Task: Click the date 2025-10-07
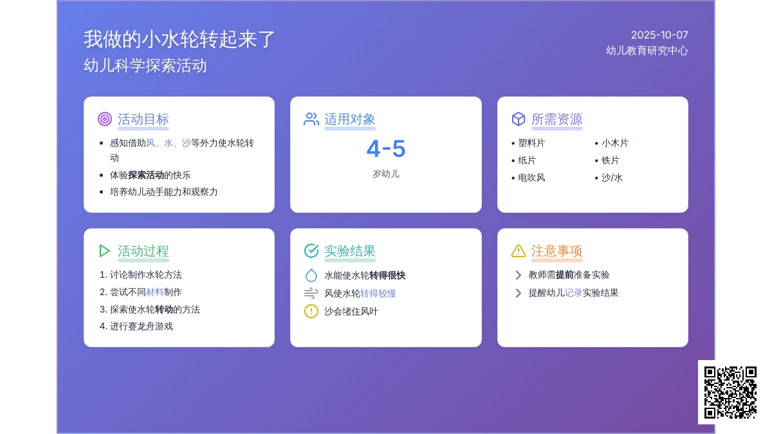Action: point(659,35)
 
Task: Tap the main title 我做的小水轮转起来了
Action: point(179,39)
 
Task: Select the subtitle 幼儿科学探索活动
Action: point(145,66)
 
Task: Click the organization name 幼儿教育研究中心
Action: point(647,51)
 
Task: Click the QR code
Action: point(730,392)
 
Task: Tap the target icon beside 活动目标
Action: point(105,119)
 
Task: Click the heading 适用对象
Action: point(349,119)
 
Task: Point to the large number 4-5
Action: point(385,149)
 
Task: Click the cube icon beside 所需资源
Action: point(519,119)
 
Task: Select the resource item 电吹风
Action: point(531,177)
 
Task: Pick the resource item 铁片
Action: point(611,160)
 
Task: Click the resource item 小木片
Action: point(615,143)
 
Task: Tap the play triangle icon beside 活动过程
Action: point(104,251)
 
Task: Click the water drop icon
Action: point(311,275)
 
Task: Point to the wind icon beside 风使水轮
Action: point(311,293)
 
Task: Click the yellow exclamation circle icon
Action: point(311,311)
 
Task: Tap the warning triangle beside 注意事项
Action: point(519,251)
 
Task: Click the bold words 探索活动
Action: point(146,175)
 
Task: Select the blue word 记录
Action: point(573,293)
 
